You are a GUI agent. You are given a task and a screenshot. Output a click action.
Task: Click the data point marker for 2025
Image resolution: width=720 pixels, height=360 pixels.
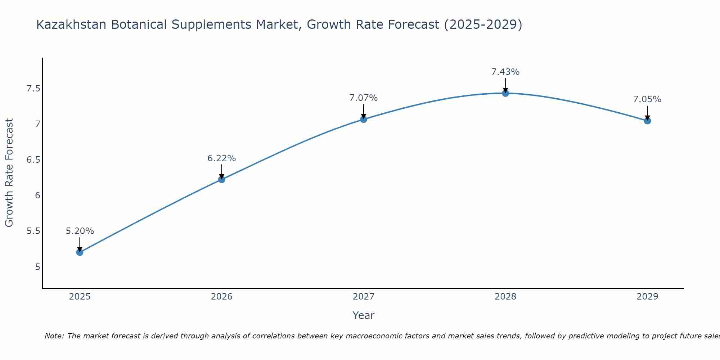coord(80,252)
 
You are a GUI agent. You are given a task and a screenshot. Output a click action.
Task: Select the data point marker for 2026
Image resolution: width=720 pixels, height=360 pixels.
coord(221,179)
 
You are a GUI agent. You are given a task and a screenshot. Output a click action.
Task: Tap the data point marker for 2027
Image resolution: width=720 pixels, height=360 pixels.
coord(364,119)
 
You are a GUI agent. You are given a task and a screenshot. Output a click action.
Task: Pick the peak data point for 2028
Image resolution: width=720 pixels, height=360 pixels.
coord(505,93)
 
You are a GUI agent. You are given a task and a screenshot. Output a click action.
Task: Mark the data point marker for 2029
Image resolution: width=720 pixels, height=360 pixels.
coord(647,121)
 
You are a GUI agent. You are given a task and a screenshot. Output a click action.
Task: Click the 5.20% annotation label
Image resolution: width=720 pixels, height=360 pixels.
coord(80,231)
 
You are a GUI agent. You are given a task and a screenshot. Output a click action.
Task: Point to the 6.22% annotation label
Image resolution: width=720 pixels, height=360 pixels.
coord(221,158)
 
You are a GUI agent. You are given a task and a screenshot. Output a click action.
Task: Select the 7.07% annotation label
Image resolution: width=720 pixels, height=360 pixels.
coord(364,98)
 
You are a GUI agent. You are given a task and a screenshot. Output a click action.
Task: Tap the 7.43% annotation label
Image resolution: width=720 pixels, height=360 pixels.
coord(505,72)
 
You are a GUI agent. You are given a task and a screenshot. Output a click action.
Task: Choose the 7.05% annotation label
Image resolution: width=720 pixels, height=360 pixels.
coord(647,99)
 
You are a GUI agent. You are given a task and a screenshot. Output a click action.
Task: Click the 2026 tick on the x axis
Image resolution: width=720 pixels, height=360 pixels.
coord(221,297)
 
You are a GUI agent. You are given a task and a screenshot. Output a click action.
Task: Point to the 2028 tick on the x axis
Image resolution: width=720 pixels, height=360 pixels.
coord(505,297)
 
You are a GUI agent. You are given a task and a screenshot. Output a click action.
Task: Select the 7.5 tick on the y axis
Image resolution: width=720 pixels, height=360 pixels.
coord(33,89)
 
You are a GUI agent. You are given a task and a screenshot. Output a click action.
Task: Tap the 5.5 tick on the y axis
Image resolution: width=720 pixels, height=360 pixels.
coord(33,231)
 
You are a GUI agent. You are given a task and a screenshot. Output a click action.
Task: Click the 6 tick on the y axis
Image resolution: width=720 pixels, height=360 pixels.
coord(37,195)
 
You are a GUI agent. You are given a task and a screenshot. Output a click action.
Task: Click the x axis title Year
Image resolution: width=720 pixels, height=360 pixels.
coord(364,315)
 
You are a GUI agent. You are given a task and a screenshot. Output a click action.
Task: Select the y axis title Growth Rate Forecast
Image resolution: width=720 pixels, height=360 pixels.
coord(9,173)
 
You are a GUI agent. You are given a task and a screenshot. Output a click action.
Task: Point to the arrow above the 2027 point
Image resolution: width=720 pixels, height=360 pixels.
coord(364,111)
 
